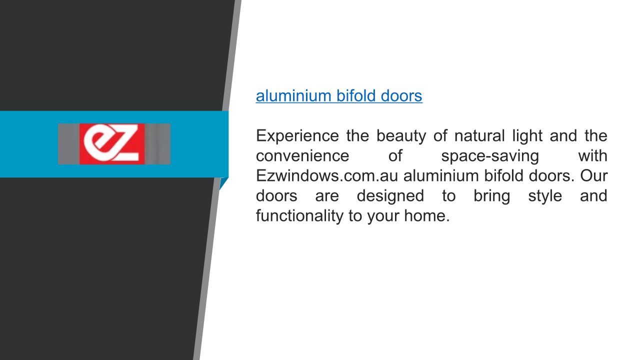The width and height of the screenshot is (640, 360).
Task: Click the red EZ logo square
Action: pos(112,143)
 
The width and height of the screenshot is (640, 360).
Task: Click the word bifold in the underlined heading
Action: pos(355,95)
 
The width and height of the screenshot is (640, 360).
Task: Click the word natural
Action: pos(479,135)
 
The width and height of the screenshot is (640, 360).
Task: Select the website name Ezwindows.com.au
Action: pos(327,175)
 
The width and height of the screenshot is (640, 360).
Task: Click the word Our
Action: pos(593,175)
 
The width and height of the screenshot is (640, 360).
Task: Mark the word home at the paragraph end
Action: pos(427,215)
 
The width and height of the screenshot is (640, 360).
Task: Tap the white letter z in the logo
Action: pos(125,143)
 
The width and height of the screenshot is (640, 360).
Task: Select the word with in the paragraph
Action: pos(593,155)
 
